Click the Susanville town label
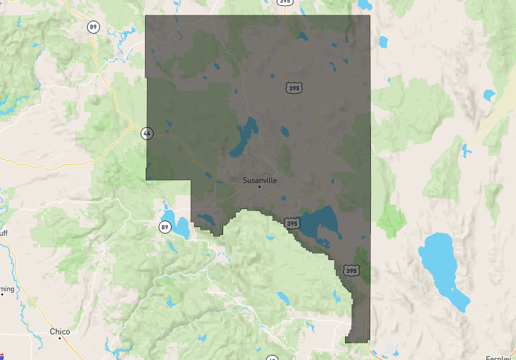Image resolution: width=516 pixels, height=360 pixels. click(x=259, y=180)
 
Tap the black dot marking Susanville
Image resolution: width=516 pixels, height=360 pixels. click(x=259, y=186)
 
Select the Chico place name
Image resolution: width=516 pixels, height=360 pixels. click(x=59, y=331)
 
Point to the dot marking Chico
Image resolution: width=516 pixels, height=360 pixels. click(x=59, y=337)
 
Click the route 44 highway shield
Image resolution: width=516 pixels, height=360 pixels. click(x=147, y=134)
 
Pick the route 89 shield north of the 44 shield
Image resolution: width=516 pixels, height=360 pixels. click(x=94, y=26)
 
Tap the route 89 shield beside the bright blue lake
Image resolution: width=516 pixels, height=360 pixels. click(x=164, y=227)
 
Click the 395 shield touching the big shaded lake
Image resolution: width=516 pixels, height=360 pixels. click(x=292, y=223)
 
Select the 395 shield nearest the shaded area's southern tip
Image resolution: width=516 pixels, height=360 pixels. click(x=351, y=271)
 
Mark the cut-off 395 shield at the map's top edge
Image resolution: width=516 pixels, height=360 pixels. click(x=284, y=2)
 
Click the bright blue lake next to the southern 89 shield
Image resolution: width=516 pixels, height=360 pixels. click(x=176, y=223)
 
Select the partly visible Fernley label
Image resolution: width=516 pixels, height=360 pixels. click(x=501, y=357)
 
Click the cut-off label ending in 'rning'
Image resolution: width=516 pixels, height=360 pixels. click(x=6, y=288)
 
